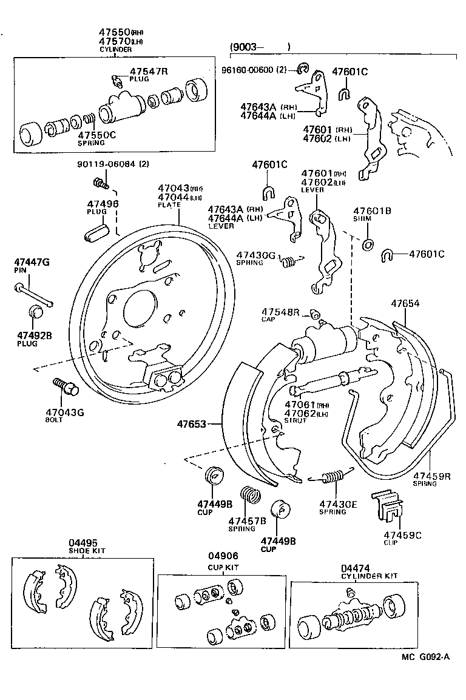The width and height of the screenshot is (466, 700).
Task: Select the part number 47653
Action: coord(191,423)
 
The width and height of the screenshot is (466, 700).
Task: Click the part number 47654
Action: coord(405,303)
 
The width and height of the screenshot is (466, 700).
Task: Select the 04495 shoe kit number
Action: coord(83,543)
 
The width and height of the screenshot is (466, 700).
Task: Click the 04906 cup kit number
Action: coord(223,556)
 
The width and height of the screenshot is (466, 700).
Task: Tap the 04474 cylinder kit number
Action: coord(356,567)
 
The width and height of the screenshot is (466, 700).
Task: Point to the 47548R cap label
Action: coord(280,312)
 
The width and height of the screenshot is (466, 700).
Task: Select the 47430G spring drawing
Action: coord(292,261)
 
